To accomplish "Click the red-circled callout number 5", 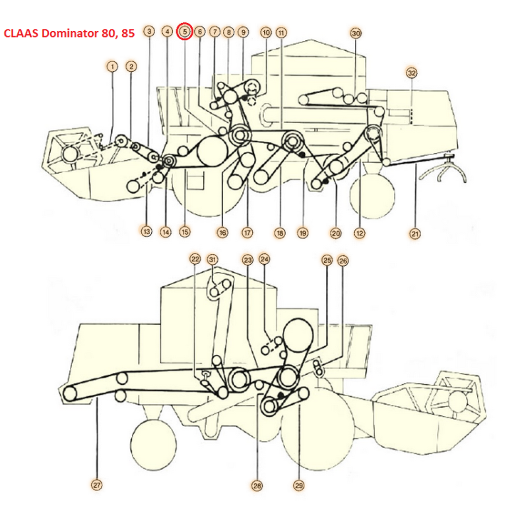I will click(185, 31).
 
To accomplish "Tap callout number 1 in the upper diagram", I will click(113, 66).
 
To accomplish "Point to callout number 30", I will click(356, 32).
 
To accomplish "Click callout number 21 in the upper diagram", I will click(414, 233).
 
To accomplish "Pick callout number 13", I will click(146, 231).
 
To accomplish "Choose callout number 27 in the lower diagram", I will click(97, 485).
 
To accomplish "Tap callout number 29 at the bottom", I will click(299, 485).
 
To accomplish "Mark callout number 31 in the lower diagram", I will click(213, 259).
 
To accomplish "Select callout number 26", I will click(343, 260).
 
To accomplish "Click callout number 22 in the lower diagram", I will click(195, 259).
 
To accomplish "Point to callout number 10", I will click(266, 32).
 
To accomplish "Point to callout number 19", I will click(303, 233).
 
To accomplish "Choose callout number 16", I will click(222, 232).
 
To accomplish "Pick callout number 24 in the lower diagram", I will click(264, 259).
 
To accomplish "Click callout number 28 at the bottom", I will click(257, 485).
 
